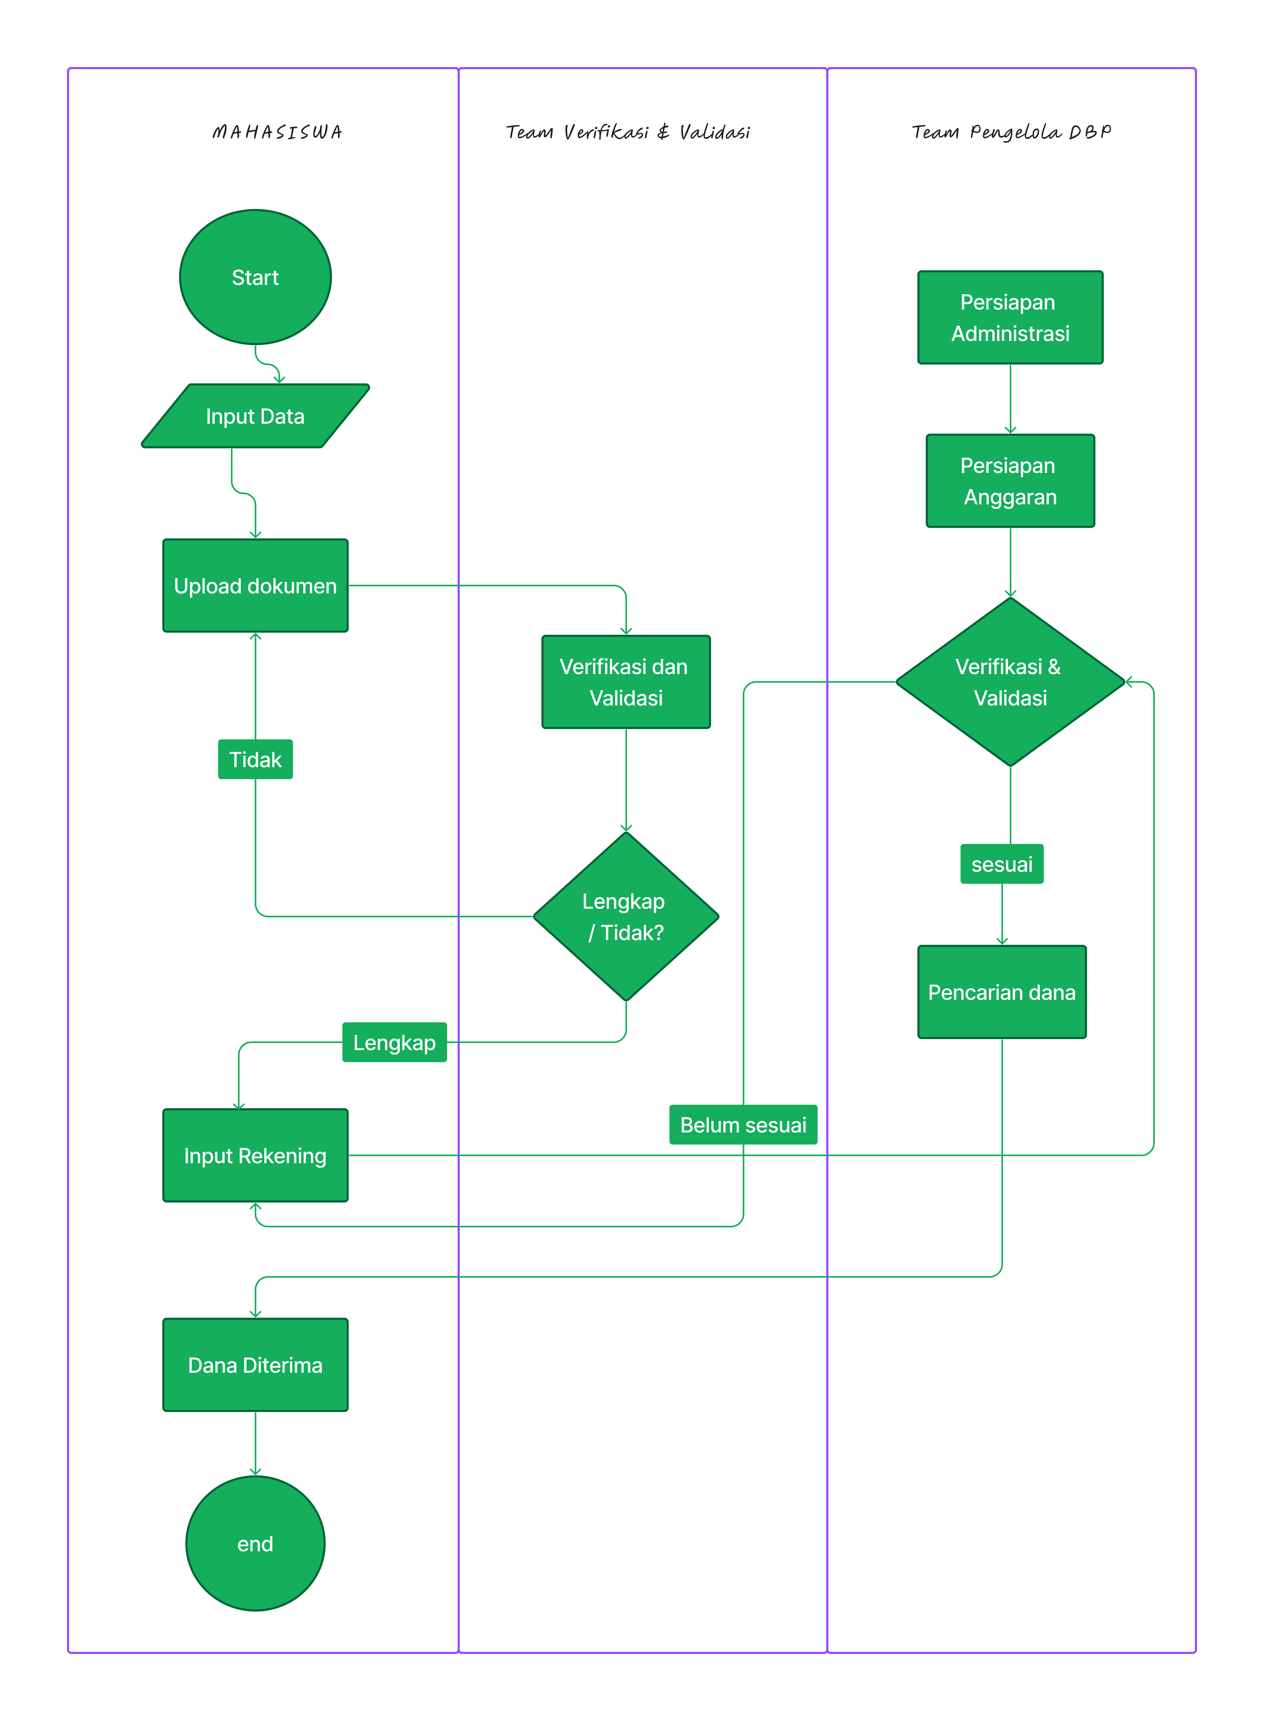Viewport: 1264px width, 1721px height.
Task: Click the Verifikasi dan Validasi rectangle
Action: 626,682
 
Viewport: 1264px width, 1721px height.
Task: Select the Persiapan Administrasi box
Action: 1010,318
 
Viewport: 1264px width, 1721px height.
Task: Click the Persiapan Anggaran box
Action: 1010,481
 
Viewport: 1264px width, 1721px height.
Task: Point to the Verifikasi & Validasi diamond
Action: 1010,682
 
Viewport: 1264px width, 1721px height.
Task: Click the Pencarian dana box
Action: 1002,992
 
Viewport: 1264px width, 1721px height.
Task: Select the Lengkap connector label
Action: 394,1042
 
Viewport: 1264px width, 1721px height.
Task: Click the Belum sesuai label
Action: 743,1125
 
